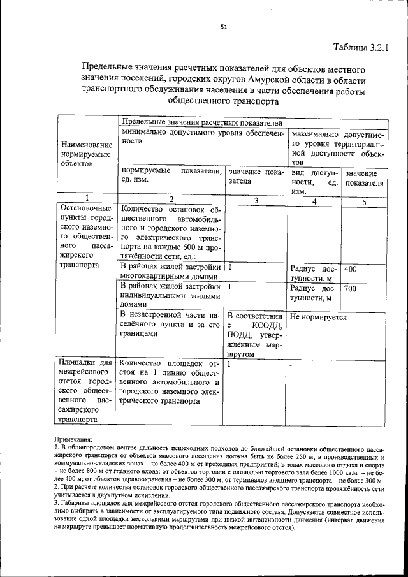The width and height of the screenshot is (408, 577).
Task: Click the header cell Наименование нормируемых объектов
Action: click(x=86, y=154)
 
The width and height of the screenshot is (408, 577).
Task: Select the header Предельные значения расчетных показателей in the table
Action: click(x=201, y=122)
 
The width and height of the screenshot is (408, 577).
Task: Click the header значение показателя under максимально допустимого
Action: click(x=364, y=178)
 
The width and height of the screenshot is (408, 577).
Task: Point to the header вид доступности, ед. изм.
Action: click(x=313, y=182)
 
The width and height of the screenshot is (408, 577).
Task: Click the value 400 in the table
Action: click(x=351, y=269)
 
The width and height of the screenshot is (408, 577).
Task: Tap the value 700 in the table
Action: click(x=351, y=289)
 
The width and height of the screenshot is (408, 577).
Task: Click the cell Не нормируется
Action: click(x=318, y=316)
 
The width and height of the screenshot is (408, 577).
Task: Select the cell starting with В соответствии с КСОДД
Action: click(x=254, y=335)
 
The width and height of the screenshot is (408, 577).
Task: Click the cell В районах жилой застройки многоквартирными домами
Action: click(x=170, y=272)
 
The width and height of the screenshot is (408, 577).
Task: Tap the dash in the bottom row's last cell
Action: click(x=291, y=366)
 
